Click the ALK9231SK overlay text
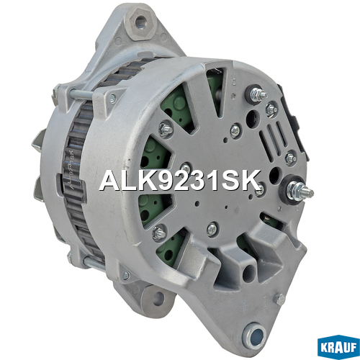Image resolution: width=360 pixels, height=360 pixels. click(180, 181)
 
